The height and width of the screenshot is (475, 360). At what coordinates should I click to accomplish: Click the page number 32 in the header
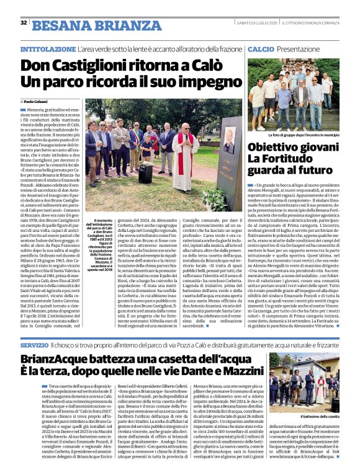click(24, 22)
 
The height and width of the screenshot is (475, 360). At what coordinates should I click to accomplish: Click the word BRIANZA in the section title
click(115, 25)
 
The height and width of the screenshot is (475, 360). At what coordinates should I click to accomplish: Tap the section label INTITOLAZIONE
click(48, 48)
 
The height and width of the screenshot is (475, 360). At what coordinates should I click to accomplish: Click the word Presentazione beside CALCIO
click(299, 48)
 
